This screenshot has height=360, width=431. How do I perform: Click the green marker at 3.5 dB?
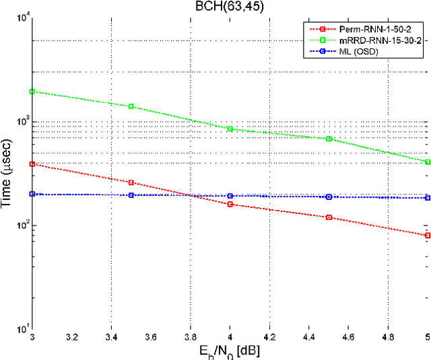pyautogui.click(x=131, y=106)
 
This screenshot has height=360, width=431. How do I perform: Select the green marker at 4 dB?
pyautogui.click(x=230, y=129)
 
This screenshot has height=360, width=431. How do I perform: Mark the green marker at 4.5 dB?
pyautogui.click(x=329, y=139)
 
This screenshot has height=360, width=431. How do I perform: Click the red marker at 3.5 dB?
pyautogui.click(x=131, y=182)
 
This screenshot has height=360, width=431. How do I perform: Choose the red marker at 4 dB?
pyautogui.click(x=230, y=204)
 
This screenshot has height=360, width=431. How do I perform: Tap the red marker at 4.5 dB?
pyautogui.click(x=329, y=217)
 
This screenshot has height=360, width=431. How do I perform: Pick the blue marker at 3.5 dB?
pyautogui.click(x=131, y=195)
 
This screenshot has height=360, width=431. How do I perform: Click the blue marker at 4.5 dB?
pyautogui.click(x=329, y=197)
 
